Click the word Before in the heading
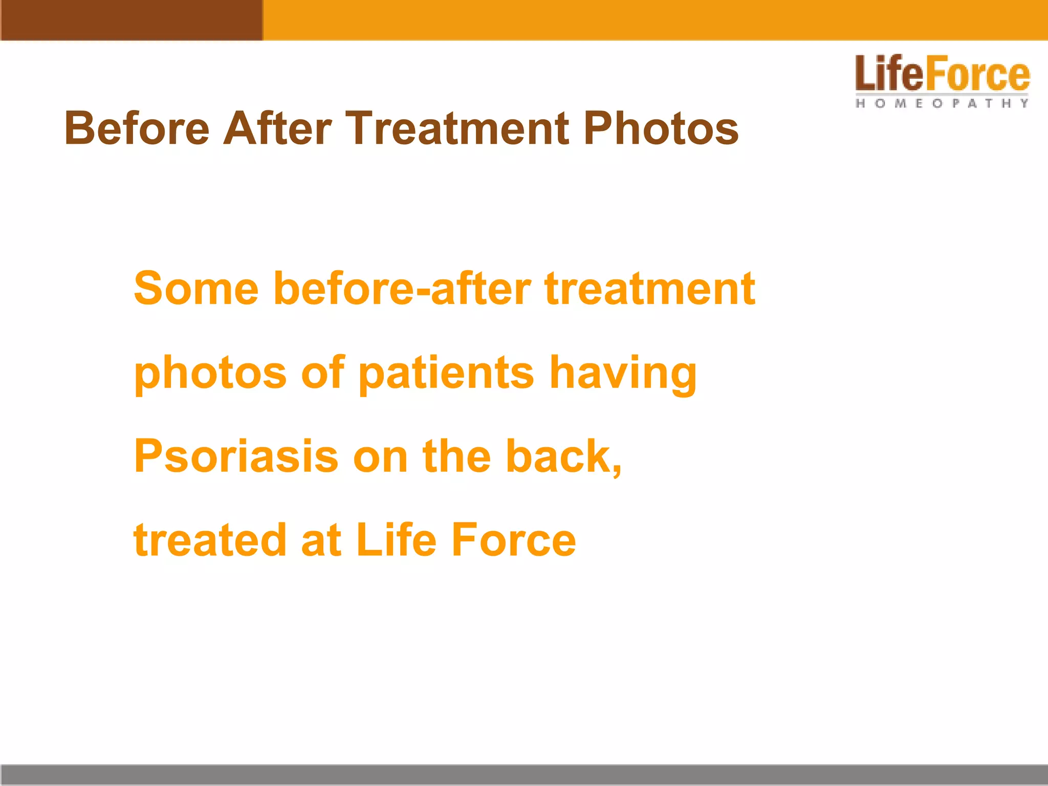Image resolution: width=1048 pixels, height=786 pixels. click(x=137, y=128)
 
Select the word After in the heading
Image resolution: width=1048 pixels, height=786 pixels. click(x=278, y=128)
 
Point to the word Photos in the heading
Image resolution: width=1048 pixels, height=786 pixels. click(x=661, y=128)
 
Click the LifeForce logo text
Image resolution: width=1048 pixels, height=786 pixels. click(x=942, y=75)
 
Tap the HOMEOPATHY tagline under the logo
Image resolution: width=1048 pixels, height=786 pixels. click(x=942, y=103)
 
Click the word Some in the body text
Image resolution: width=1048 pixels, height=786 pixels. click(x=196, y=289)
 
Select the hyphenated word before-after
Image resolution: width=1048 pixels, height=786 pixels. click(x=402, y=289)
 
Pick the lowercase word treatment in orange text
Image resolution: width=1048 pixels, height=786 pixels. click(x=649, y=289)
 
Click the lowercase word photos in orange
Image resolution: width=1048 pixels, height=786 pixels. click(x=210, y=373)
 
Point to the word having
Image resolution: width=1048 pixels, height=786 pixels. click(x=623, y=373)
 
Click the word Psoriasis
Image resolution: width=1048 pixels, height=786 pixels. click(x=236, y=456)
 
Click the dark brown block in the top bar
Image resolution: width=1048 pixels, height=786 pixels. click(x=132, y=20)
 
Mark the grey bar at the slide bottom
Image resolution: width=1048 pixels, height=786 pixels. click(x=524, y=775)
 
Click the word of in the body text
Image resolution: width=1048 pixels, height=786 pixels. click(x=323, y=373)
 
